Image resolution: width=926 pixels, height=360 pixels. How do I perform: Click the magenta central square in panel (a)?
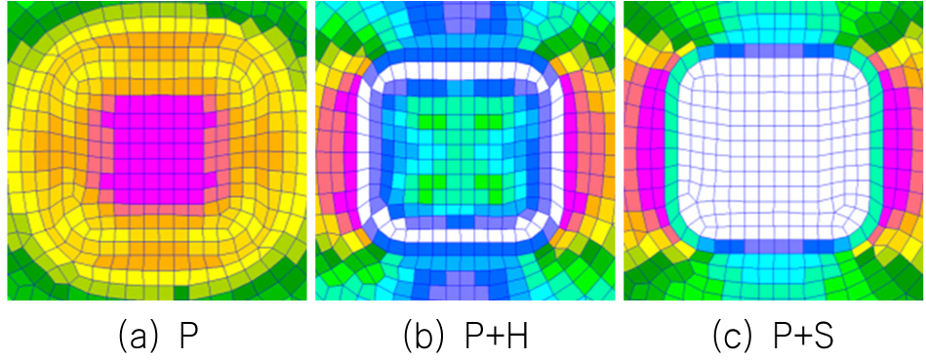tap(153, 150)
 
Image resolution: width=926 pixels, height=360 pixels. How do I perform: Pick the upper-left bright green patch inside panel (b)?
tap(429, 123)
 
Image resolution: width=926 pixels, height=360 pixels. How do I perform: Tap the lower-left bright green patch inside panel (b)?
tap(429, 181)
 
